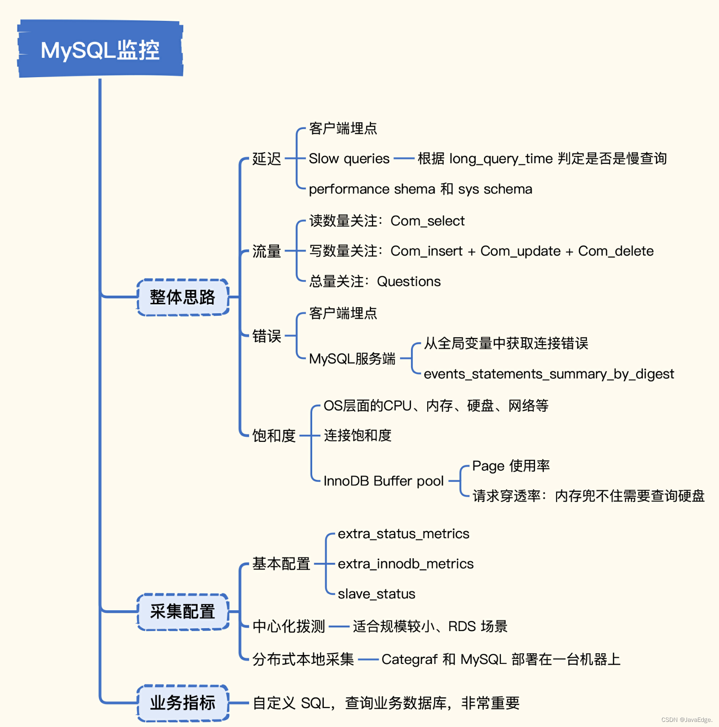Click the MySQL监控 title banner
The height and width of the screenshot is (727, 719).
[x=100, y=49]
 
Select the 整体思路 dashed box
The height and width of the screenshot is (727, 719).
[x=183, y=297]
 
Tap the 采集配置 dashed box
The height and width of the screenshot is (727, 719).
[x=183, y=612]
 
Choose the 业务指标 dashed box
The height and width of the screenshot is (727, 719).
[x=183, y=703]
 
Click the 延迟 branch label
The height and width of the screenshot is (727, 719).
[x=267, y=159]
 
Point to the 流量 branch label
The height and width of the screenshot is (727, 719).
[x=267, y=251]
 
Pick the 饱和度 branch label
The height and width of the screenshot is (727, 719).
[x=274, y=436]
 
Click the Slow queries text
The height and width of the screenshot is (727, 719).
[x=349, y=159]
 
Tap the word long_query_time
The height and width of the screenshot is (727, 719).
[x=501, y=159]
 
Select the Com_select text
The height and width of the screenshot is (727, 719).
[x=428, y=221]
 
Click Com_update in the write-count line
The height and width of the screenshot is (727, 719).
[x=521, y=251]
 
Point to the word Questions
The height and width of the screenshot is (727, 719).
[x=409, y=281]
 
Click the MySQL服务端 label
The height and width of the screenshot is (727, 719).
[x=352, y=359]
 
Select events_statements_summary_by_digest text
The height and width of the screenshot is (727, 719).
[x=549, y=374]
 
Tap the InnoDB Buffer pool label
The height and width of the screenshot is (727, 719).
[x=384, y=481]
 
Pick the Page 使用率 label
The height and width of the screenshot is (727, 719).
[x=511, y=466]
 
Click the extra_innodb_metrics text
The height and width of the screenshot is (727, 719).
[x=406, y=564]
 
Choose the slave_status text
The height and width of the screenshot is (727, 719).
[x=377, y=594]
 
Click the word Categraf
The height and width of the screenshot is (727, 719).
[x=409, y=660]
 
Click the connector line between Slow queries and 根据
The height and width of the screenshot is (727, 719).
[x=404, y=159]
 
